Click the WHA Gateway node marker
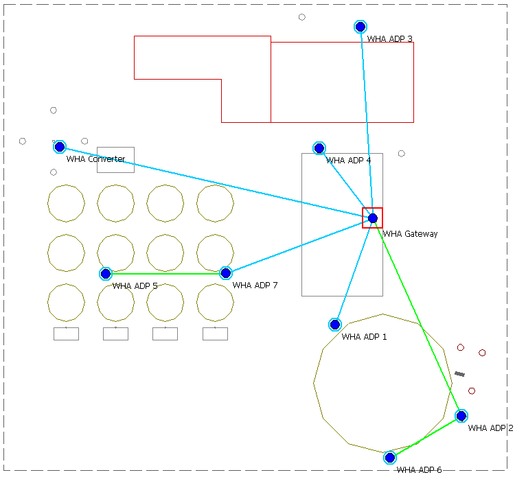(x=373, y=218)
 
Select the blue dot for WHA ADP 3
(x=360, y=27)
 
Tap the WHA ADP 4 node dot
(x=319, y=148)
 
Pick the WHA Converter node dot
(x=60, y=147)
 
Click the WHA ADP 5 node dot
(x=106, y=274)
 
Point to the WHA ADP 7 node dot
(x=226, y=273)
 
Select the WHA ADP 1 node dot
(x=335, y=325)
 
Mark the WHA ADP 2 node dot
(x=461, y=416)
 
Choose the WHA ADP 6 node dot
(x=390, y=458)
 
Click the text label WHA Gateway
(x=410, y=234)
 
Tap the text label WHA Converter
(x=95, y=159)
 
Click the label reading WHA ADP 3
(x=389, y=39)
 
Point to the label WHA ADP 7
(x=255, y=286)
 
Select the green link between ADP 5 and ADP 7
(x=165, y=274)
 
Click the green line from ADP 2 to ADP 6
(x=426, y=437)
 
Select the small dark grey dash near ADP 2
(x=459, y=374)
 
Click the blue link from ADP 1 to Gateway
(x=354, y=272)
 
